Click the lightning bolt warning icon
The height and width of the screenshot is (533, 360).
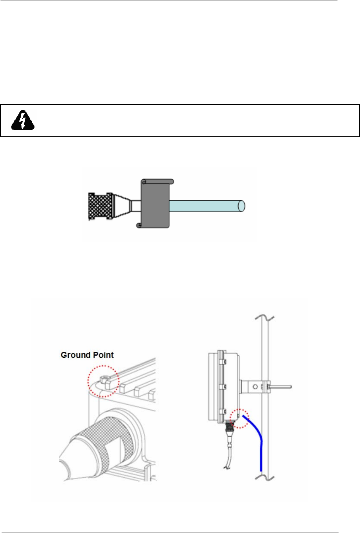tap(22, 119)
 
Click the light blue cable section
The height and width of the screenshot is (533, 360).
tap(203, 206)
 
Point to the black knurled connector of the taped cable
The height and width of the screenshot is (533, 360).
tap(99, 206)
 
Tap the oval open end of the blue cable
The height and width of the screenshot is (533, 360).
tap(241, 206)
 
